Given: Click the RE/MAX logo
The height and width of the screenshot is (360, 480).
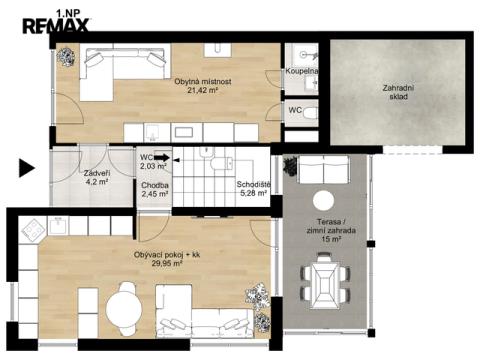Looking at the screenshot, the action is (x=56, y=26).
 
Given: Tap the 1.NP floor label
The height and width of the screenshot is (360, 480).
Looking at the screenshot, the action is (x=68, y=13).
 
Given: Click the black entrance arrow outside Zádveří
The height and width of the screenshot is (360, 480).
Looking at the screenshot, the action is (x=27, y=168).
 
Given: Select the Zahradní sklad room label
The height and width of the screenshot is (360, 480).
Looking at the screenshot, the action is (x=399, y=92).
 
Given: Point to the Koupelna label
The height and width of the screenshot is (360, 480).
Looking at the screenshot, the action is (x=301, y=71).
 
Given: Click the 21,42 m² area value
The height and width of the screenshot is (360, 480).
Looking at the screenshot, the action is (x=203, y=90).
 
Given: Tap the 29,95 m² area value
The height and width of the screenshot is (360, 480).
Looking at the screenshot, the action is (x=167, y=263).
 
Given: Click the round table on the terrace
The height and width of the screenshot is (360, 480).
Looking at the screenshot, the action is (x=323, y=201).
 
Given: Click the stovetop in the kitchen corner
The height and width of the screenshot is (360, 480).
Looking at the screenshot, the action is (x=33, y=230).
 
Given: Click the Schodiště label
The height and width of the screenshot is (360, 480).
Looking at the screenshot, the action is (x=253, y=184).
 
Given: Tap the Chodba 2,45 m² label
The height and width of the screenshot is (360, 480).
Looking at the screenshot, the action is (x=155, y=189).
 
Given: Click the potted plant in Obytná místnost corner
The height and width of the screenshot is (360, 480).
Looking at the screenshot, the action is (x=65, y=57).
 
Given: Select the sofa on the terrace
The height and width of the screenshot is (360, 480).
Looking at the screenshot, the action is (x=323, y=170).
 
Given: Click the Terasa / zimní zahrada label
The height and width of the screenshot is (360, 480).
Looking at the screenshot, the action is (x=331, y=226).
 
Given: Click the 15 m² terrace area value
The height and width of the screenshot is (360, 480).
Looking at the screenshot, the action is (x=331, y=239).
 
